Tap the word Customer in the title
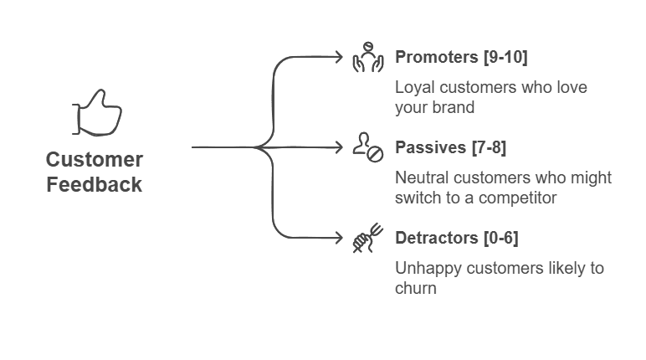(95, 160)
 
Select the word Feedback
(95, 184)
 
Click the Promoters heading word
(436, 57)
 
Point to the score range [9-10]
(505, 57)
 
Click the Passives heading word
(431, 147)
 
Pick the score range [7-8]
(489, 147)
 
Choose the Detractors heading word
(437, 238)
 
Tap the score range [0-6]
(501, 238)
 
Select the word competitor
(517, 198)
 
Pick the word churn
(416, 288)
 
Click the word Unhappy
(428, 269)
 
